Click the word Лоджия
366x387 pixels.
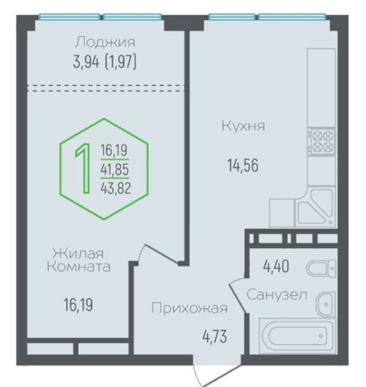pyautogui.click(x=105, y=42)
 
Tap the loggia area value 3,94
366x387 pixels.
pyautogui.click(x=86, y=62)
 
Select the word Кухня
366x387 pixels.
pyautogui.click(x=243, y=125)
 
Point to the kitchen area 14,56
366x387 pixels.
pyautogui.click(x=243, y=165)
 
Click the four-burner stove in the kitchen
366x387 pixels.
pyautogui.click(x=321, y=141)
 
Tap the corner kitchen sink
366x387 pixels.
pyautogui.click(x=315, y=207)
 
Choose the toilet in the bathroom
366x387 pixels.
pyautogui.click(x=321, y=267)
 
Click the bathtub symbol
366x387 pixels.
pyautogui.click(x=298, y=336)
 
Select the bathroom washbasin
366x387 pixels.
pyautogui.click(x=326, y=304)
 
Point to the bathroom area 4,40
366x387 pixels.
pyautogui.click(x=276, y=267)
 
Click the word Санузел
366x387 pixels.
pyautogui.click(x=277, y=294)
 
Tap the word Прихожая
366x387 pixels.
pyautogui.click(x=189, y=308)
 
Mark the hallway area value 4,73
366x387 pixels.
pyautogui.click(x=214, y=337)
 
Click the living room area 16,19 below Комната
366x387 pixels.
pyautogui.click(x=78, y=305)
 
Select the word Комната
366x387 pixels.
pyautogui.click(x=79, y=267)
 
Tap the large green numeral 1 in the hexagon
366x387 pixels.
pyautogui.click(x=83, y=169)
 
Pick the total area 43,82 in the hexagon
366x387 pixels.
pyautogui.click(x=115, y=189)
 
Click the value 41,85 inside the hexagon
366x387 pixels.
pyautogui.click(x=115, y=169)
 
